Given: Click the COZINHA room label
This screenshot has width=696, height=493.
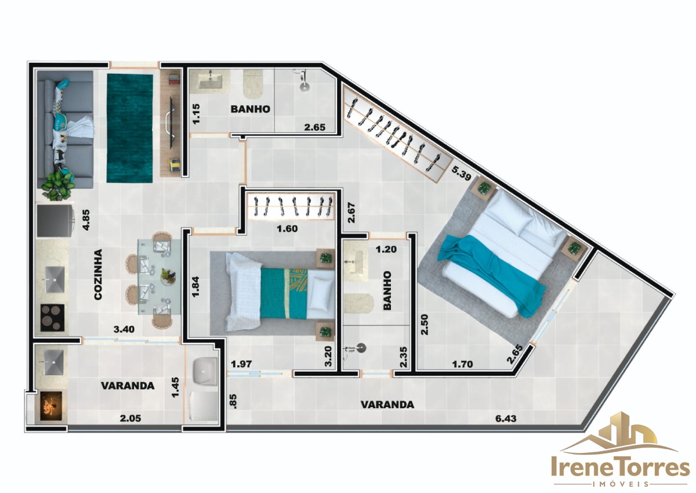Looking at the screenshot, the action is pyautogui.click(x=98, y=274).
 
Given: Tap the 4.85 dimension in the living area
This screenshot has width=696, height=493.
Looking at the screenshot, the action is pyautogui.click(x=86, y=220).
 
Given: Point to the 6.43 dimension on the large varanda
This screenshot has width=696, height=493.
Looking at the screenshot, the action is pyautogui.click(x=506, y=418).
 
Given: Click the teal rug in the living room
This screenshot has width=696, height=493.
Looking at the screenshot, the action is pyautogui.click(x=130, y=128).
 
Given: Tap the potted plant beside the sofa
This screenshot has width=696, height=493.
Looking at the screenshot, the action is pyautogui.click(x=59, y=186).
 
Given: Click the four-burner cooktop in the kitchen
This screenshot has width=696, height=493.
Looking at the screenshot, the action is pyautogui.click(x=53, y=318).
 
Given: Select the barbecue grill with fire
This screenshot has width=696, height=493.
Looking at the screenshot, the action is pyautogui.click(x=50, y=407).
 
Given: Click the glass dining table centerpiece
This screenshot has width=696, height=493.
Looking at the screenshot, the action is pyautogui.click(x=168, y=276).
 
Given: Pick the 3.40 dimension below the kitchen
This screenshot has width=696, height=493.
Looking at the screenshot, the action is pyautogui.click(x=124, y=329).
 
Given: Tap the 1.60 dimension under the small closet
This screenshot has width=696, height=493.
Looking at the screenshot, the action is pyautogui.click(x=287, y=229).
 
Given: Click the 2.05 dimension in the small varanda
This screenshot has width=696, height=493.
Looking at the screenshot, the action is pyautogui.click(x=130, y=418).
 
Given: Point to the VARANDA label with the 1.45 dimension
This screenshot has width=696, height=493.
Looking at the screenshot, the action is pyautogui.click(x=128, y=386).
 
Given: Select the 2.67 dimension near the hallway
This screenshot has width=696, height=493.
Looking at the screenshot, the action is pyautogui.click(x=351, y=213).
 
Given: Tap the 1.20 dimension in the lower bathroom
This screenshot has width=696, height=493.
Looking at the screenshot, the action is pyautogui.click(x=386, y=249).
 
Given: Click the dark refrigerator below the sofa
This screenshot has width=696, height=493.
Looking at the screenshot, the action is pyautogui.click(x=55, y=220).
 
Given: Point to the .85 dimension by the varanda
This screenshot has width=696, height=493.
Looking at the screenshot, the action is pyautogui.click(x=234, y=401).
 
